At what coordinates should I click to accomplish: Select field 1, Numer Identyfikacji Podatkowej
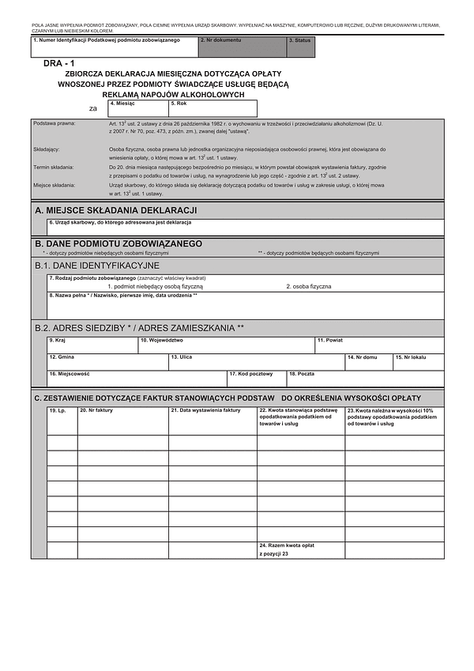[114, 47]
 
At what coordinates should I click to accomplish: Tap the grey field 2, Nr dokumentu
[242, 47]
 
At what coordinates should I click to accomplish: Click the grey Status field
[301, 47]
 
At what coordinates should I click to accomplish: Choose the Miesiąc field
[137, 109]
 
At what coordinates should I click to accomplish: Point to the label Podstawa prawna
[54, 123]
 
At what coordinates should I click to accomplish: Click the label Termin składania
[54, 168]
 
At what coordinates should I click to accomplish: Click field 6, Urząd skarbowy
[245, 228]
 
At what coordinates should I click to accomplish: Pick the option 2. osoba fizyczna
[309, 286]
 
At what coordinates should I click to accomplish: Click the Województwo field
[226, 344]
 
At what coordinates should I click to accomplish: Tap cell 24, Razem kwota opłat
[300, 550]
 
